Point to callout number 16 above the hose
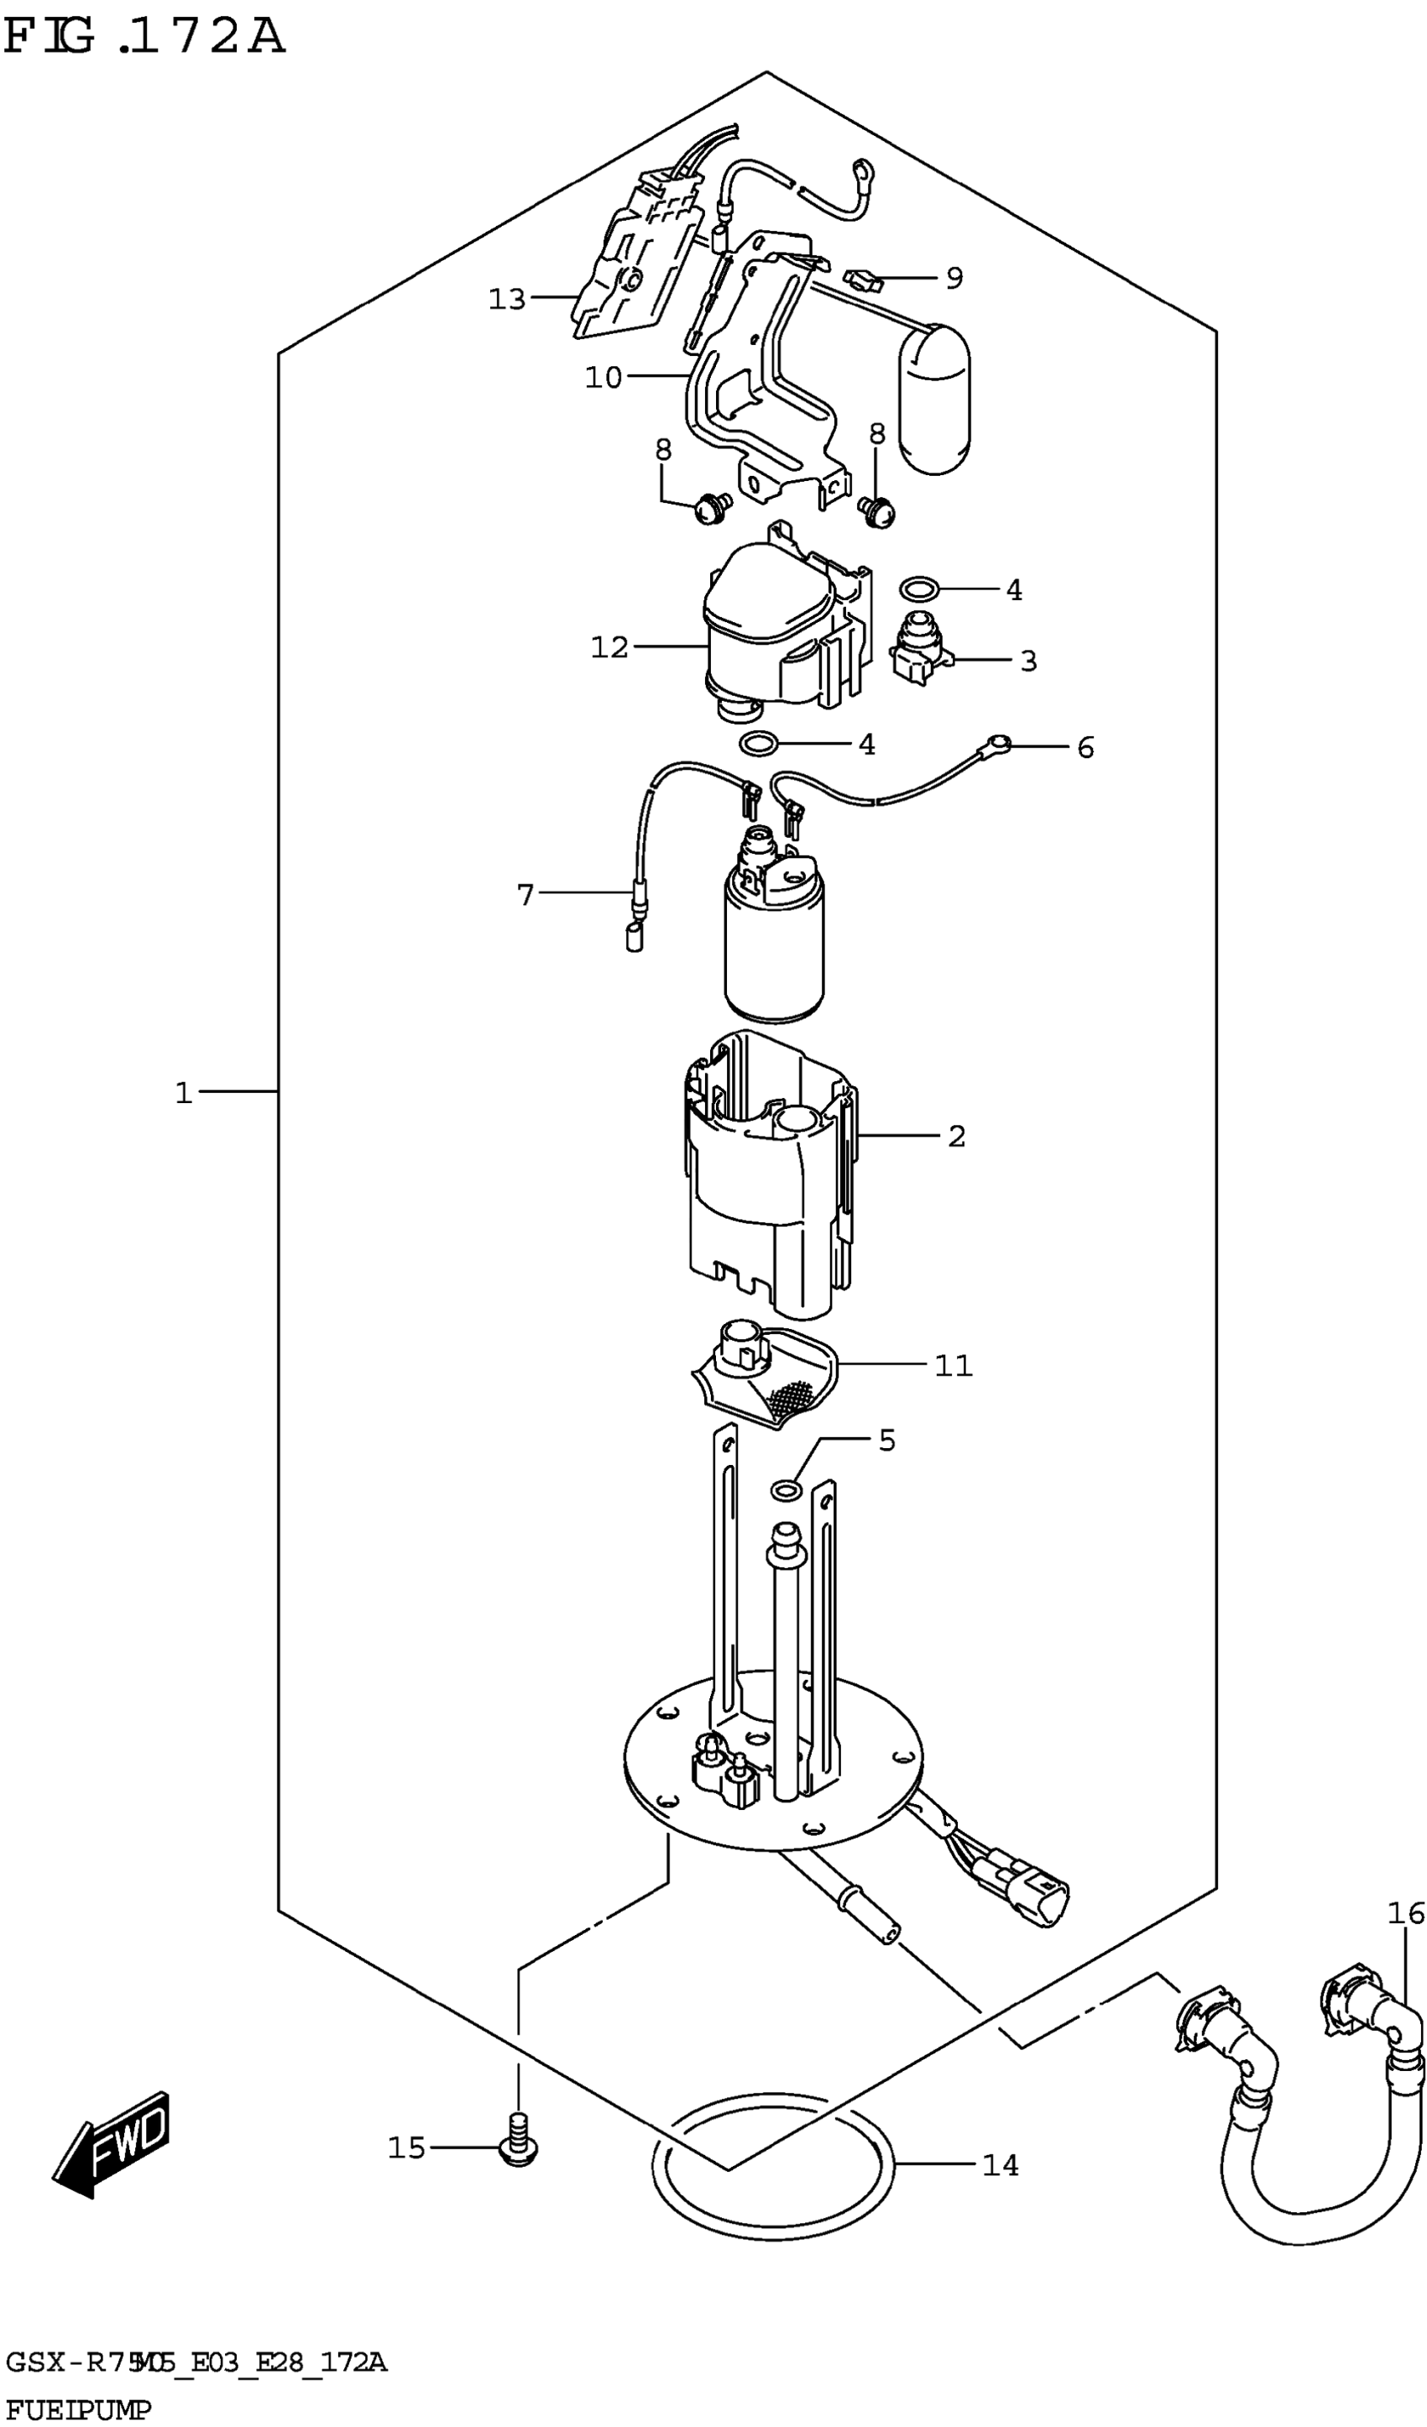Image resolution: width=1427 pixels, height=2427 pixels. [1405, 1914]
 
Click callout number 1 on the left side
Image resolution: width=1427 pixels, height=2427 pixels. [183, 1093]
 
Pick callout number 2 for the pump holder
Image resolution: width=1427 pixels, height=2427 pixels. [955, 1137]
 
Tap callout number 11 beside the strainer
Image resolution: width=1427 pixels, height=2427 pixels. [954, 1366]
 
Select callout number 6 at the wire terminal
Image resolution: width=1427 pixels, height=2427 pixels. [1085, 747]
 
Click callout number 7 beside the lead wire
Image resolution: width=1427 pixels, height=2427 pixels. [525, 896]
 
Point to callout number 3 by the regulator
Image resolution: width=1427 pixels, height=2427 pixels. [1027, 661]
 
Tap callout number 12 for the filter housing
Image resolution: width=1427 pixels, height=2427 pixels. [609, 647]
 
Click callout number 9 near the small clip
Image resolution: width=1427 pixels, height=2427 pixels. [954, 279]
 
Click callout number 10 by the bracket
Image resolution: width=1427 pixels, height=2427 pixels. [604, 378]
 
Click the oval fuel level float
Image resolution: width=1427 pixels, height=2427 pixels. [934, 400]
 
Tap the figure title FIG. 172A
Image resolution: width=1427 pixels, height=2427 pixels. [144, 39]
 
